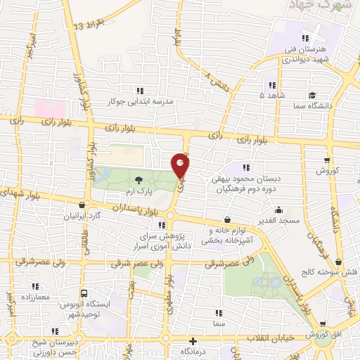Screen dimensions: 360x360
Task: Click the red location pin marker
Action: coord(181,166)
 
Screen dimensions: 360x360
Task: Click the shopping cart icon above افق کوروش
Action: coord(322,324)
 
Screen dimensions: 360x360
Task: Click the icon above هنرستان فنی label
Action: coord(304,38)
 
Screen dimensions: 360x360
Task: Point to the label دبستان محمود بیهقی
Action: coord(245,179)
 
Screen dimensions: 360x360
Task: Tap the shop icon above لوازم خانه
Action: coord(226,220)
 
